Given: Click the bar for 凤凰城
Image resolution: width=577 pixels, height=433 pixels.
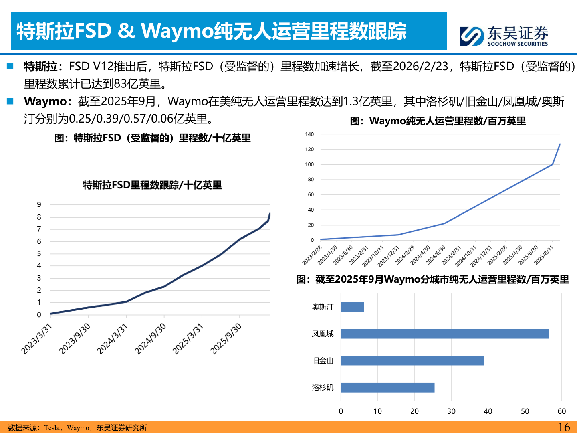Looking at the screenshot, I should tap(445, 334).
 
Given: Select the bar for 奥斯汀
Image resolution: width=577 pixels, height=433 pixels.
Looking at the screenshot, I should tap(352, 307).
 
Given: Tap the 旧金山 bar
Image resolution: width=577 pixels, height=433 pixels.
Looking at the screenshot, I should tap(412, 360).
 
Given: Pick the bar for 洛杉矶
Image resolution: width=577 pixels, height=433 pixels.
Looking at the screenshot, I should tap(387, 387).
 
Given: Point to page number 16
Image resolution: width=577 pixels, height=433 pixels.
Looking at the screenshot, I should tap(564, 427).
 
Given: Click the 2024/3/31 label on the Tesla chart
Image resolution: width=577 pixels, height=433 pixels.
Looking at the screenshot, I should tap(113, 339).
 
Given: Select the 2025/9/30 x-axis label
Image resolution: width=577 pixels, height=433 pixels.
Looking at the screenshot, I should tap(226, 339).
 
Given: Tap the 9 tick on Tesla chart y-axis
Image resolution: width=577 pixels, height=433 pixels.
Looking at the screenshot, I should tap(39, 205).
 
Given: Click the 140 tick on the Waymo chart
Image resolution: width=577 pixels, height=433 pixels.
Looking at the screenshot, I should tap(309, 134).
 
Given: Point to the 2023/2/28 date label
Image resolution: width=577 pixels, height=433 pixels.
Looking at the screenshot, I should tap(312, 255).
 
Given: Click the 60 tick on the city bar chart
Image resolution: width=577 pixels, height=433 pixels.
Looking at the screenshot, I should tap(562, 411).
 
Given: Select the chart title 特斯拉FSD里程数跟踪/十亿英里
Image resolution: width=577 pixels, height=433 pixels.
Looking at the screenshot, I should tap(152, 185).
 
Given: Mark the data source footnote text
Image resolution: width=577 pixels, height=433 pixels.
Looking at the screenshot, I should tap(77, 428).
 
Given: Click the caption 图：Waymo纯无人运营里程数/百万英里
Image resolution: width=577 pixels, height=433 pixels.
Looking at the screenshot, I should tap(438, 121).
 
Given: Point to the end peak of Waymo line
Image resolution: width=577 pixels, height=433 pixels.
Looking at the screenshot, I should tap(560, 144).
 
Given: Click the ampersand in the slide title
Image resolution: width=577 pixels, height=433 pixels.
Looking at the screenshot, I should tap(126, 31).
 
